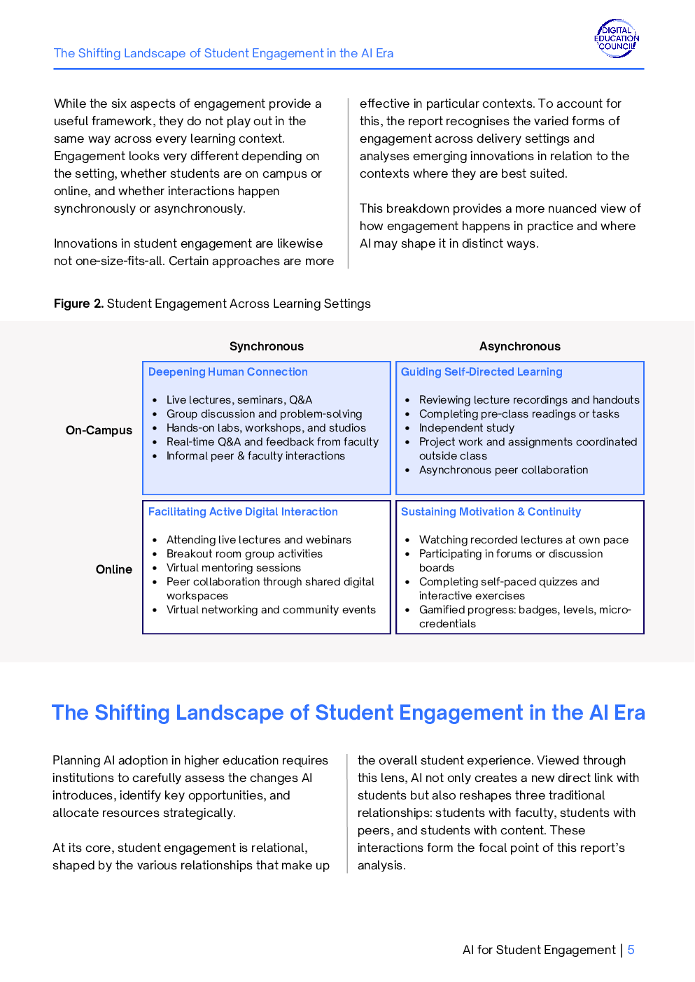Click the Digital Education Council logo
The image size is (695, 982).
(x=617, y=38)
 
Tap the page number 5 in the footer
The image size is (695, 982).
(x=631, y=950)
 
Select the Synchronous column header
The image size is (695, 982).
(x=267, y=346)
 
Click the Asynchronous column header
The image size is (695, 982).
(x=520, y=346)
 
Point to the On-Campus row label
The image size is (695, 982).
(x=99, y=430)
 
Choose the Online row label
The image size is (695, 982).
(x=114, y=569)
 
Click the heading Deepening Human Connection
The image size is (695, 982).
(x=228, y=372)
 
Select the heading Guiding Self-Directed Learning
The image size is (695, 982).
(x=482, y=372)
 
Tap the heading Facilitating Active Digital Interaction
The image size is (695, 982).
(x=243, y=512)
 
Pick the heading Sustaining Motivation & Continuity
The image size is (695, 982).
(x=491, y=512)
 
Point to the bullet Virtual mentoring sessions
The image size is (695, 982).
(x=234, y=568)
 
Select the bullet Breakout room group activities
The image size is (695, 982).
(x=244, y=554)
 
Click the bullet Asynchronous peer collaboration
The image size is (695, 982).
(x=503, y=470)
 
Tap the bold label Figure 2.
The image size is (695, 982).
(x=78, y=304)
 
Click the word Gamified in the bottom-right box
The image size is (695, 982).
(x=441, y=610)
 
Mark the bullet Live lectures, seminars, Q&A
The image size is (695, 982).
(x=239, y=400)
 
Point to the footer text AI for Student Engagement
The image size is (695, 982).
(x=539, y=950)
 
